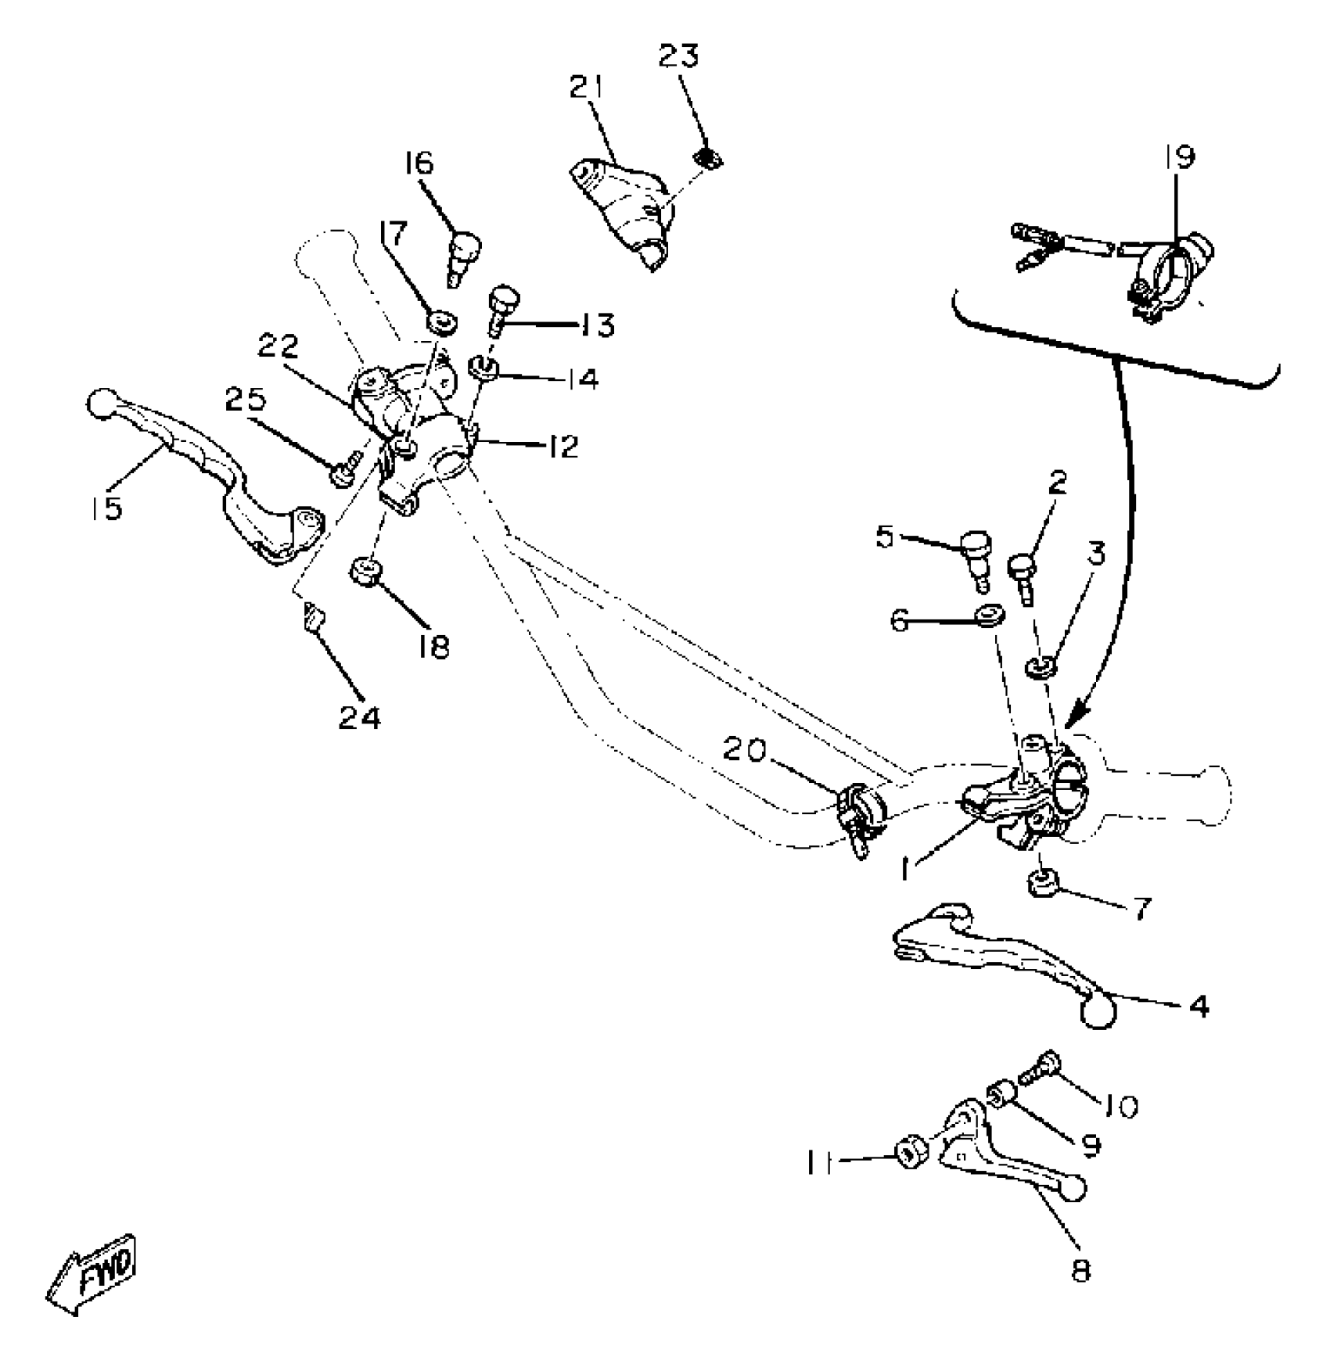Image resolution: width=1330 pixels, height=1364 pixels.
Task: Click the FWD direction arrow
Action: (92, 1273)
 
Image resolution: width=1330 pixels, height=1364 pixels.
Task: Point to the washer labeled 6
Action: (989, 616)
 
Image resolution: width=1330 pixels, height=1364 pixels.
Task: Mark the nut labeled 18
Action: (365, 571)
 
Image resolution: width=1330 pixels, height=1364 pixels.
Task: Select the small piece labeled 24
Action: (314, 618)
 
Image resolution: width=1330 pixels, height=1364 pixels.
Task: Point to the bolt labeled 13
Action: (503, 310)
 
